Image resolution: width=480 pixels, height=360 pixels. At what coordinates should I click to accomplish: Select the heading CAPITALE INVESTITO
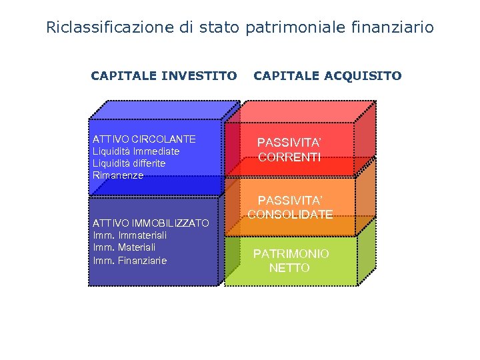(x=164, y=76)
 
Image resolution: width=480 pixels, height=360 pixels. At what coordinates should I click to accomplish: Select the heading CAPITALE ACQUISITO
(x=327, y=76)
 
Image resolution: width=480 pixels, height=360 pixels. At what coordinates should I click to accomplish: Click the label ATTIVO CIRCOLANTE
(x=144, y=139)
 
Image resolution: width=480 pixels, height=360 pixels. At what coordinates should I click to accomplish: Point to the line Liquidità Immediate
(x=136, y=151)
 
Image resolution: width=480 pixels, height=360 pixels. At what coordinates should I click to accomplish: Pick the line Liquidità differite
(x=129, y=163)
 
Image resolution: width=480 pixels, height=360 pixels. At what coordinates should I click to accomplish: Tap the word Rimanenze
(x=118, y=175)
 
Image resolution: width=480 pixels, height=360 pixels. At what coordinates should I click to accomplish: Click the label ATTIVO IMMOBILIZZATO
(x=151, y=223)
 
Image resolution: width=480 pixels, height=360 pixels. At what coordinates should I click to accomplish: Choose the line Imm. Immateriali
(x=130, y=235)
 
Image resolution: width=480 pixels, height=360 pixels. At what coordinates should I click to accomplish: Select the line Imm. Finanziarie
(x=130, y=260)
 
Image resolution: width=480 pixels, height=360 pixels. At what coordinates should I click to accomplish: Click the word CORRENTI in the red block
(x=289, y=158)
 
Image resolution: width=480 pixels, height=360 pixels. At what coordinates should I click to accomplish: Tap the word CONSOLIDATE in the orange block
(x=289, y=215)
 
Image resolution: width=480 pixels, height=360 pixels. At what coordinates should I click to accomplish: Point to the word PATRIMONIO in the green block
(x=291, y=254)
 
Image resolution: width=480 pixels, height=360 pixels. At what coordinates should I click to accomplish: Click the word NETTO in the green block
(x=289, y=268)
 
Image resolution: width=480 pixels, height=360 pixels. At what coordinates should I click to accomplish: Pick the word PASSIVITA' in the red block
(x=289, y=143)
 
